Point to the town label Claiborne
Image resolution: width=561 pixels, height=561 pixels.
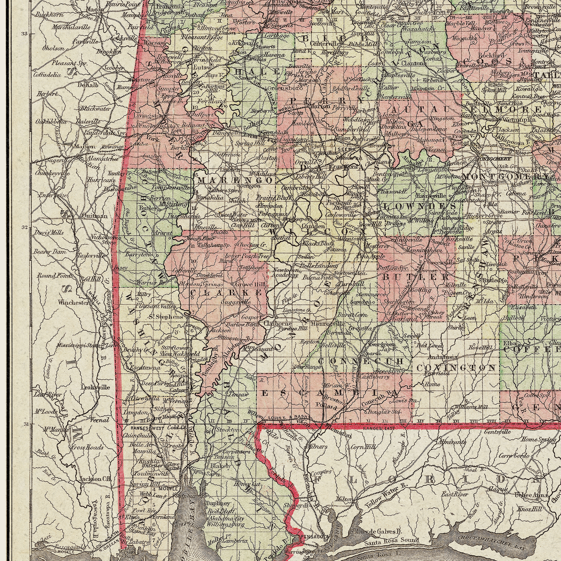[x=273, y=323]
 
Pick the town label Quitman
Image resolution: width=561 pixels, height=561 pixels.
[x=91, y=216]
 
